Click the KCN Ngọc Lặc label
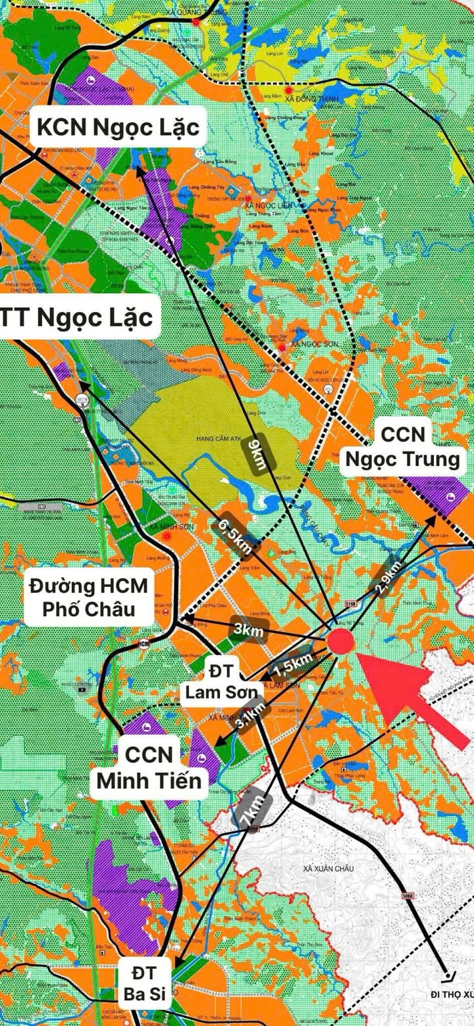[118, 126]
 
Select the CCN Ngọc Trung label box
[402, 446]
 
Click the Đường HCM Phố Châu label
[89, 596]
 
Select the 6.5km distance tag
[236, 536]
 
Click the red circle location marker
[341, 642]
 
